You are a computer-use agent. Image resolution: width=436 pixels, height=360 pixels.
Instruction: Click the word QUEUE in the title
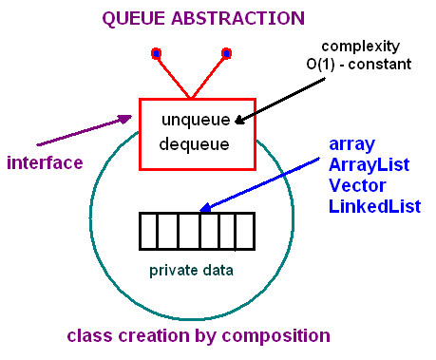pos(133,19)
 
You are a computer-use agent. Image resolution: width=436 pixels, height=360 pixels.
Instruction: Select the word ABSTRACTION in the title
pos(237,18)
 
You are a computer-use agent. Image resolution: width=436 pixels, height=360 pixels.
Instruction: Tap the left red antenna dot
pos(156,53)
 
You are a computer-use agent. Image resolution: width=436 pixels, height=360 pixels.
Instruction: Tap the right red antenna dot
pos(226,53)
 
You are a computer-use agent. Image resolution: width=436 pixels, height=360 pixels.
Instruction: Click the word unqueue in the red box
pos(196,120)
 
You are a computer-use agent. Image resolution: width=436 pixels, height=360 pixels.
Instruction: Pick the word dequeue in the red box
pos(194,144)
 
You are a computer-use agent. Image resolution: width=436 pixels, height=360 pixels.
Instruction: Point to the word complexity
pos(361,47)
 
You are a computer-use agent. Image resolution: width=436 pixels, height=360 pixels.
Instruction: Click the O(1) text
pos(320,65)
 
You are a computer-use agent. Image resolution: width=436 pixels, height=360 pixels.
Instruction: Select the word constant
pos(380,65)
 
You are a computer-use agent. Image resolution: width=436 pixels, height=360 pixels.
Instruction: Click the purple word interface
pos(45,162)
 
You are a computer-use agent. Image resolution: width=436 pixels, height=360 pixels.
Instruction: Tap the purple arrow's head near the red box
pos(125,119)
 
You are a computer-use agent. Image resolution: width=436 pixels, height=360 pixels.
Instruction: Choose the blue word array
pos(351,144)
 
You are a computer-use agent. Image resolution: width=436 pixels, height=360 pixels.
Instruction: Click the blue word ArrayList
pos(370,165)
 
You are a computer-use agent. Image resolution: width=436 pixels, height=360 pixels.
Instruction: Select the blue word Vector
pos(357,185)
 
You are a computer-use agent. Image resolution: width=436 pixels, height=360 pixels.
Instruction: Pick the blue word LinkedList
pos(375,206)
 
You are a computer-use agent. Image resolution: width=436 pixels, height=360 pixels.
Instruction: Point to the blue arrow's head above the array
pos(205,207)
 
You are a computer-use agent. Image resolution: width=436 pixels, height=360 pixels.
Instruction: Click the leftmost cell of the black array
pos(148,231)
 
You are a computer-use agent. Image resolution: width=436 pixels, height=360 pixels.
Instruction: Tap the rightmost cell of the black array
pos(245,231)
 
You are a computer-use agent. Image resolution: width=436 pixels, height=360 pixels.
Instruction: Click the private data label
pos(191,271)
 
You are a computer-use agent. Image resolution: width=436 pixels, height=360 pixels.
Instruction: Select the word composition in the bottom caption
pos(275,336)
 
